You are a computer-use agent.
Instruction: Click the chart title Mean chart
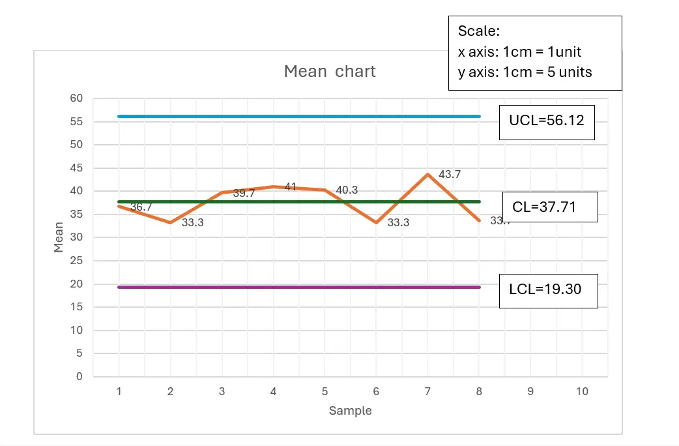tap(330, 71)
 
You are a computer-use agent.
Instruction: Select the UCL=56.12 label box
tap(547, 121)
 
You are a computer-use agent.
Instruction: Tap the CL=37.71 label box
tap(550, 207)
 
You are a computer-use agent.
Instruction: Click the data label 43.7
tap(450, 175)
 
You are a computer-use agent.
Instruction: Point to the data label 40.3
tap(347, 190)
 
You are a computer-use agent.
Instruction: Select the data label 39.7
tap(244, 194)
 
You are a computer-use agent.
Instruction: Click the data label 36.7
tap(141, 207)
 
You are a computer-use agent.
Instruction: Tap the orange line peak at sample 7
tap(427, 174)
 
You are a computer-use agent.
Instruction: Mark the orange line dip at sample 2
tap(171, 222)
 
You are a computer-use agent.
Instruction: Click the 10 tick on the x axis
tap(582, 391)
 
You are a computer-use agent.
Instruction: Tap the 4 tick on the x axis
tap(274, 391)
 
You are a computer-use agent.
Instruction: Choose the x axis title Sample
tap(350, 411)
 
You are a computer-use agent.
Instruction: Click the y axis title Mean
tap(59, 237)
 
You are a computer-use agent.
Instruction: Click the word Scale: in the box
tap(478, 31)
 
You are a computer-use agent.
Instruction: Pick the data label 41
tap(291, 187)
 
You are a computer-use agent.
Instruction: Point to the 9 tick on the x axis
tap(530, 391)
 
